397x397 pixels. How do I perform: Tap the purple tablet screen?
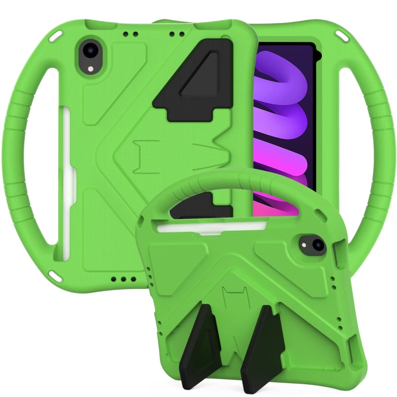click(x=286, y=122)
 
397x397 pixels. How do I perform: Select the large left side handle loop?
click(x=32, y=159)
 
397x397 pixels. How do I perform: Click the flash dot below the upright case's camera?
click(x=91, y=69)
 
